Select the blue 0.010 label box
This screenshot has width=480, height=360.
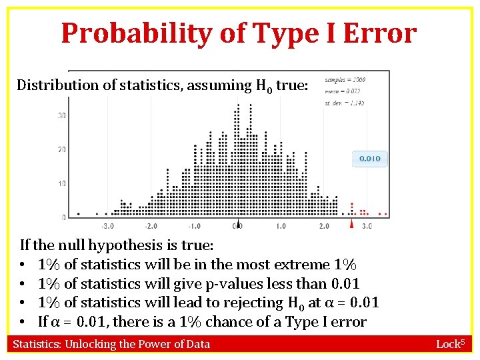(x=370, y=159)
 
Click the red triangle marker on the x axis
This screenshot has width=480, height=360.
(x=352, y=225)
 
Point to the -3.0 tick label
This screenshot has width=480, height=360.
(x=107, y=227)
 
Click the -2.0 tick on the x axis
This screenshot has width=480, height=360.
(x=151, y=227)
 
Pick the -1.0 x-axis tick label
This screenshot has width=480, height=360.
(x=194, y=227)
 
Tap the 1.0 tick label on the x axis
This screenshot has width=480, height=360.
(x=281, y=227)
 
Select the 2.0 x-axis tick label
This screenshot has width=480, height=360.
(x=324, y=227)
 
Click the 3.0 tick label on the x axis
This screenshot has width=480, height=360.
(x=367, y=227)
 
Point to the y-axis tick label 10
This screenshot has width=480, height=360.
(x=61, y=183)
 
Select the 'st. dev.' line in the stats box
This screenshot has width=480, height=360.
(x=344, y=103)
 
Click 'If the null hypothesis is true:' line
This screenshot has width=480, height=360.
(x=117, y=245)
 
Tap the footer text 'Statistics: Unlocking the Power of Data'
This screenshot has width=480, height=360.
(x=111, y=344)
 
